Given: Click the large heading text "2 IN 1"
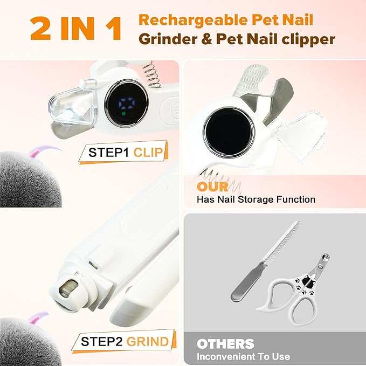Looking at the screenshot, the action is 75,29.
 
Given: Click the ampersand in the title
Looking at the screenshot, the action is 206,39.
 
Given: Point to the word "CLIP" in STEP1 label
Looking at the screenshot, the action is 148,153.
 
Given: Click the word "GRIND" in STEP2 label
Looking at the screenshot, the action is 148,342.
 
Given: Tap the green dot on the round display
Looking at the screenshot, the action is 123,114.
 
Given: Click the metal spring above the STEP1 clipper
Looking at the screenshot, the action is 151,74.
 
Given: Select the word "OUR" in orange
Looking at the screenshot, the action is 212,187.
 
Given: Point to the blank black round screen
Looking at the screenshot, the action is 229,132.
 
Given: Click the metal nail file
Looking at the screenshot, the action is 265,261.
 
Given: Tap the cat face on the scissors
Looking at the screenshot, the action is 308,280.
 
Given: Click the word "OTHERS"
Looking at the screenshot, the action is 225,343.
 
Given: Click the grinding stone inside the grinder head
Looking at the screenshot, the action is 67,289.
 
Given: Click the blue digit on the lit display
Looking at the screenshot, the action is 127,103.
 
